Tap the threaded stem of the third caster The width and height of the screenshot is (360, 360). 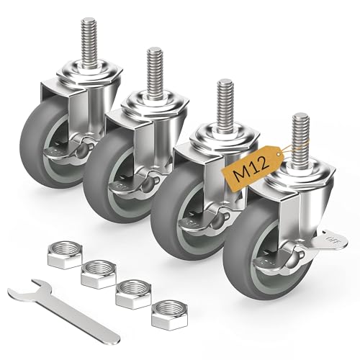(226, 102)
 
